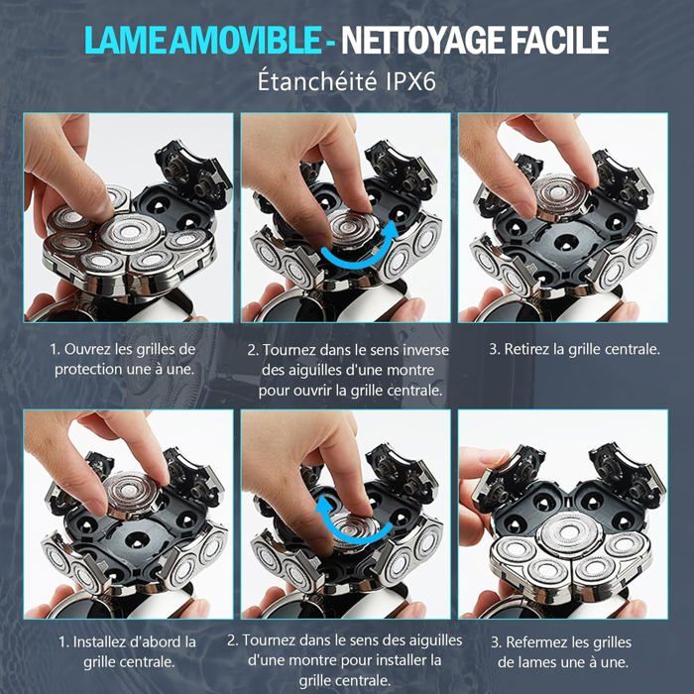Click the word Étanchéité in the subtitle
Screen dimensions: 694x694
click(317, 81)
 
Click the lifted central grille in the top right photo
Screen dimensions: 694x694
click(560, 195)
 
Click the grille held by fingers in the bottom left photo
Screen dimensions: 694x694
click(132, 495)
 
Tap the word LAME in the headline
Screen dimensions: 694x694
click(124, 41)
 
